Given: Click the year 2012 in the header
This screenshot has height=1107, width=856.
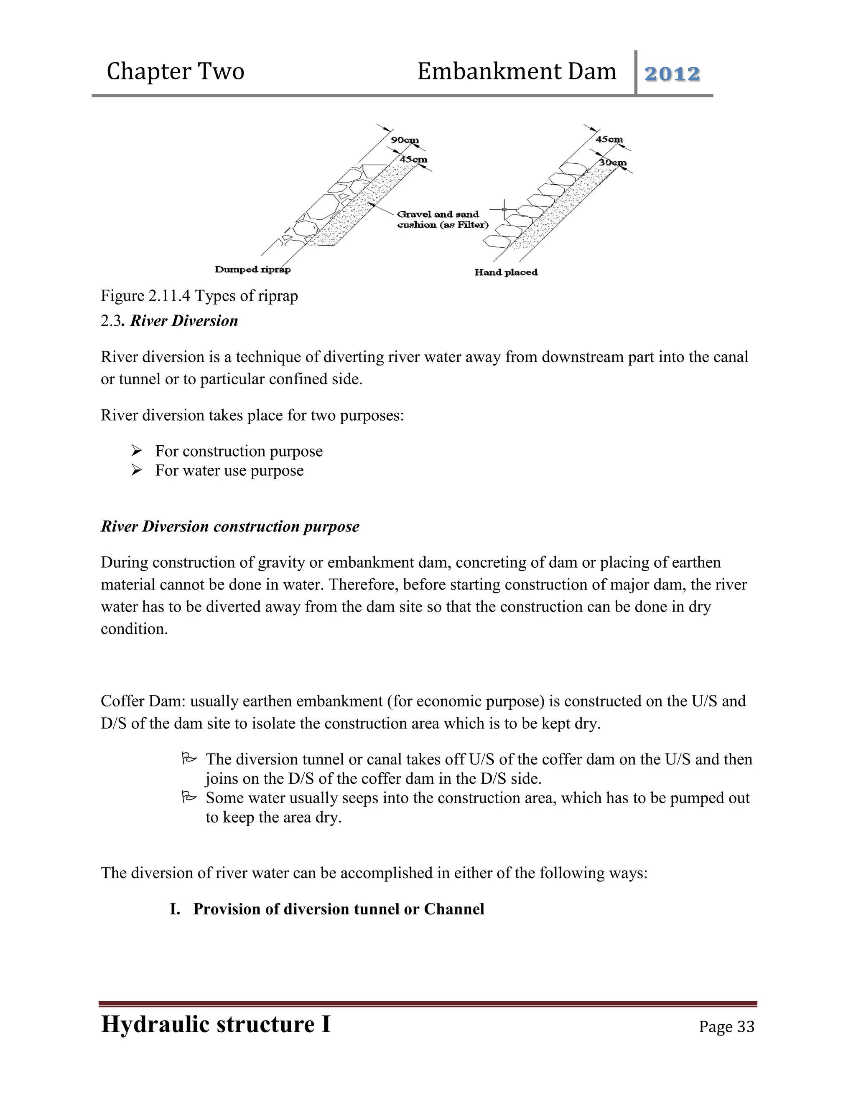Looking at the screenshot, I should pyautogui.click(x=672, y=74).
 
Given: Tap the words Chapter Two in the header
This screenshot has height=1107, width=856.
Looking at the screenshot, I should pyautogui.click(x=176, y=71).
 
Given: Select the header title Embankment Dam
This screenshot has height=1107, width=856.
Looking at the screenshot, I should pyautogui.click(x=516, y=71).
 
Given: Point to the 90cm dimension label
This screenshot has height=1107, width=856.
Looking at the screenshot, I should pyautogui.click(x=405, y=140).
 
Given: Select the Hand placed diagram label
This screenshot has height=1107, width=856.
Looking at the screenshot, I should pyautogui.click(x=506, y=273).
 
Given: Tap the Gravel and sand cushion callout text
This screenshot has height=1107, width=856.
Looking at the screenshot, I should pyautogui.click(x=442, y=219).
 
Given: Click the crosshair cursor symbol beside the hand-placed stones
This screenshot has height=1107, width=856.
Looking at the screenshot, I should pyautogui.click(x=504, y=209).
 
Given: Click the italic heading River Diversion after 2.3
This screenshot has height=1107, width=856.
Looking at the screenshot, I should pyautogui.click(x=184, y=321).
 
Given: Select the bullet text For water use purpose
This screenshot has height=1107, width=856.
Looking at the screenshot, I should pyautogui.click(x=229, y=470).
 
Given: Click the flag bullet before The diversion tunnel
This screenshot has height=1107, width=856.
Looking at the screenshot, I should pyautogui.click(x=189, y=759).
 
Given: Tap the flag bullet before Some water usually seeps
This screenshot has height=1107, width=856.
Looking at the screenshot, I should pyautogui.click(x=189, y=797).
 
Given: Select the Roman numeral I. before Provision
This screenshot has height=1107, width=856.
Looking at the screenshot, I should pyautogui.click(x=175, y=909).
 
